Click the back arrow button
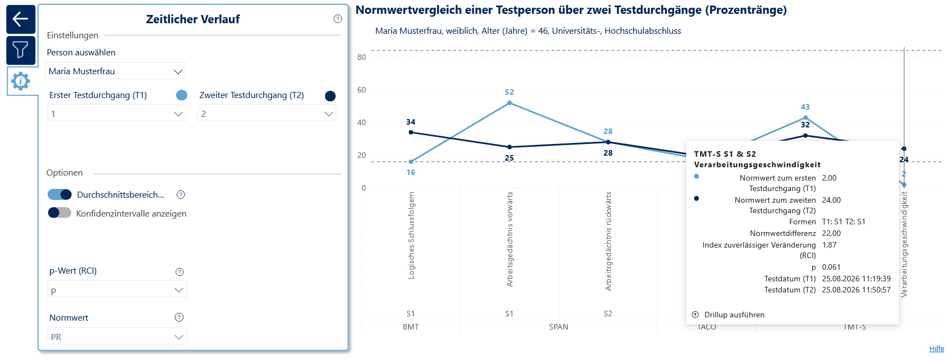(20, 19)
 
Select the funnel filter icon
(20, 50)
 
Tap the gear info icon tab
(20, 81)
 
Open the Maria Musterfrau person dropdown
(115, 71)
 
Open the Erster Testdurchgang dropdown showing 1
(117, 114)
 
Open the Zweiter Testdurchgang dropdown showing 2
(267, 114)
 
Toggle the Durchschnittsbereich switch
(59, 194)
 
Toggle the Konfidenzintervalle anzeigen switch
(59, 213)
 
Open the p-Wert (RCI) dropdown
(117, 290)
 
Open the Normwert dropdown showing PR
(117, 336)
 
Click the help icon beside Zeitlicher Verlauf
(338, 19)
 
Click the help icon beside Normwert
(179, 317)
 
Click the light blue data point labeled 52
(510, 103)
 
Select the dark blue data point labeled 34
(411, 132)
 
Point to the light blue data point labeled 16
(411, 162)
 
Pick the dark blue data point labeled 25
(510, 147)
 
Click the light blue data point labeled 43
(805, 117)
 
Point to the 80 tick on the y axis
(362, 57)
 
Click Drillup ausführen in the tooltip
(728, 315)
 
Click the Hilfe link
(937, 348)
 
